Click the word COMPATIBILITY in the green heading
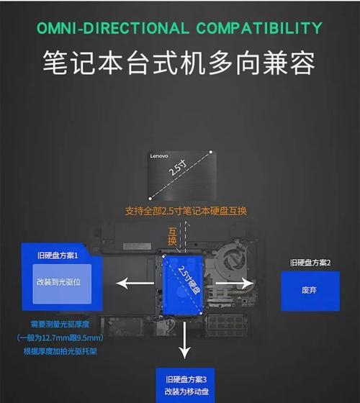pos(259,28)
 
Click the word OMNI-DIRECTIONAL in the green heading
pos(112,28)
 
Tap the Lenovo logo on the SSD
pos(159,156)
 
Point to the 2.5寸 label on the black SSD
pos(178,167)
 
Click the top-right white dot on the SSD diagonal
pos(211,152)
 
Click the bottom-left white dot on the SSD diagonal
pos(150,199)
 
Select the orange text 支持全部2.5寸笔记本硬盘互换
pos(186,211)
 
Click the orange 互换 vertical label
pos(172,236)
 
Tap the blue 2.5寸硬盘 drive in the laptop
pos(183,285)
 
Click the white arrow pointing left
pos(135,284)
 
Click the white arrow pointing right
pos(235,284)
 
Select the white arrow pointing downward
pos(184,340)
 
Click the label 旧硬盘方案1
pos(58,255)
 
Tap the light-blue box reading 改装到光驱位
pos(62,284)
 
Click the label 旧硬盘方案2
pos(310,263)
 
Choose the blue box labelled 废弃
pos(310,291)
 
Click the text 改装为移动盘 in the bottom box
pos(186,391)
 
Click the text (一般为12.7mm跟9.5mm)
pos(60,338)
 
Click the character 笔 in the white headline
pos(55,63)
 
